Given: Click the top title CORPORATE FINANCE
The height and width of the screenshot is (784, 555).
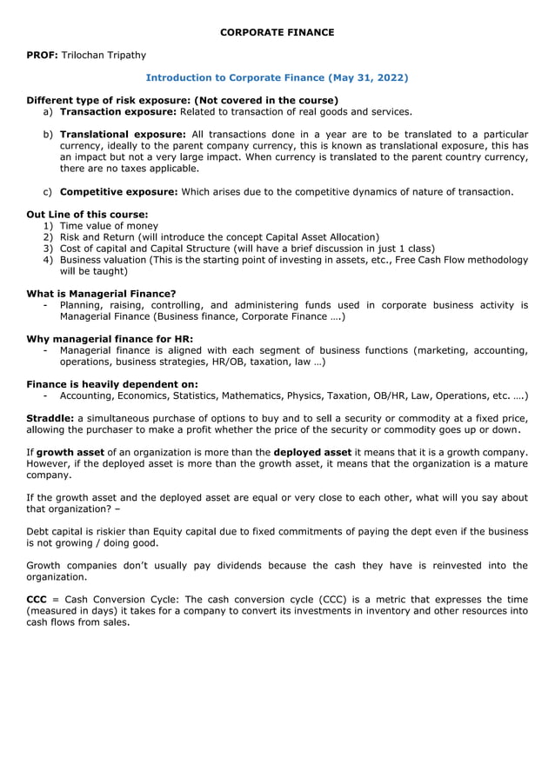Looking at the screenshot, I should pos(277,32).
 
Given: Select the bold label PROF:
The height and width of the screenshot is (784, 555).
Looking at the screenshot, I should pos(42,55).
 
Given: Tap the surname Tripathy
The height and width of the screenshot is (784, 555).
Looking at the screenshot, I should pos(125,55).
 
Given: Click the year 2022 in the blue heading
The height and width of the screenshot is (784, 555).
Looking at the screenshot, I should pos(389,77).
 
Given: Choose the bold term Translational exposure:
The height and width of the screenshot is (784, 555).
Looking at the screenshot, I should pos(123,134).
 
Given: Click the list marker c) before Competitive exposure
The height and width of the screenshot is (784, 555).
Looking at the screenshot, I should pos(48,191).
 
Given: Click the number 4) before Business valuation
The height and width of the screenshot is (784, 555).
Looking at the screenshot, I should pos(49,259).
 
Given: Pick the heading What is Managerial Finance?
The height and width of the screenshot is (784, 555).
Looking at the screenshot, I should pos(101,294).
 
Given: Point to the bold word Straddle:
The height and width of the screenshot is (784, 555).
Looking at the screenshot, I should pos(50,418).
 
